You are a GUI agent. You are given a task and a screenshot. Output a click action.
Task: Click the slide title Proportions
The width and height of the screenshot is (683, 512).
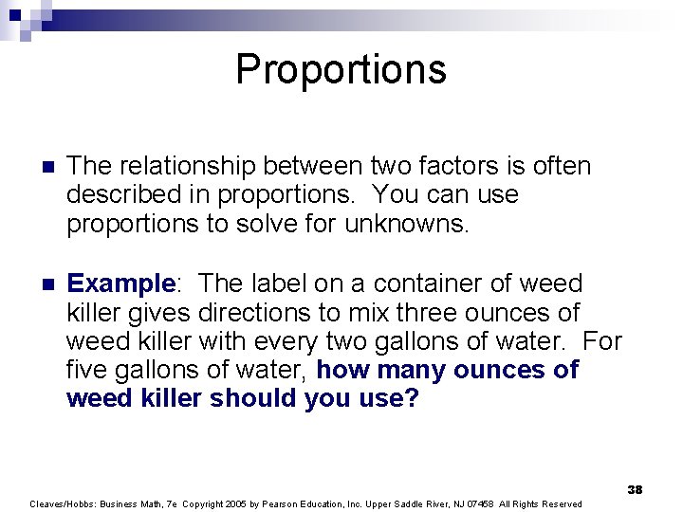click(341, 69)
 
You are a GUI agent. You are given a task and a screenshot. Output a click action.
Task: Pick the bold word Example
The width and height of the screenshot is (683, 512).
click(121, 283)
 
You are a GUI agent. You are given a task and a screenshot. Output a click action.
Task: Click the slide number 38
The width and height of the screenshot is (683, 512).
click(635, 489)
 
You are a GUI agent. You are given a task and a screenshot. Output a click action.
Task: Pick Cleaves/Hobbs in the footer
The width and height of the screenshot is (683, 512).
click(61, 503)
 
